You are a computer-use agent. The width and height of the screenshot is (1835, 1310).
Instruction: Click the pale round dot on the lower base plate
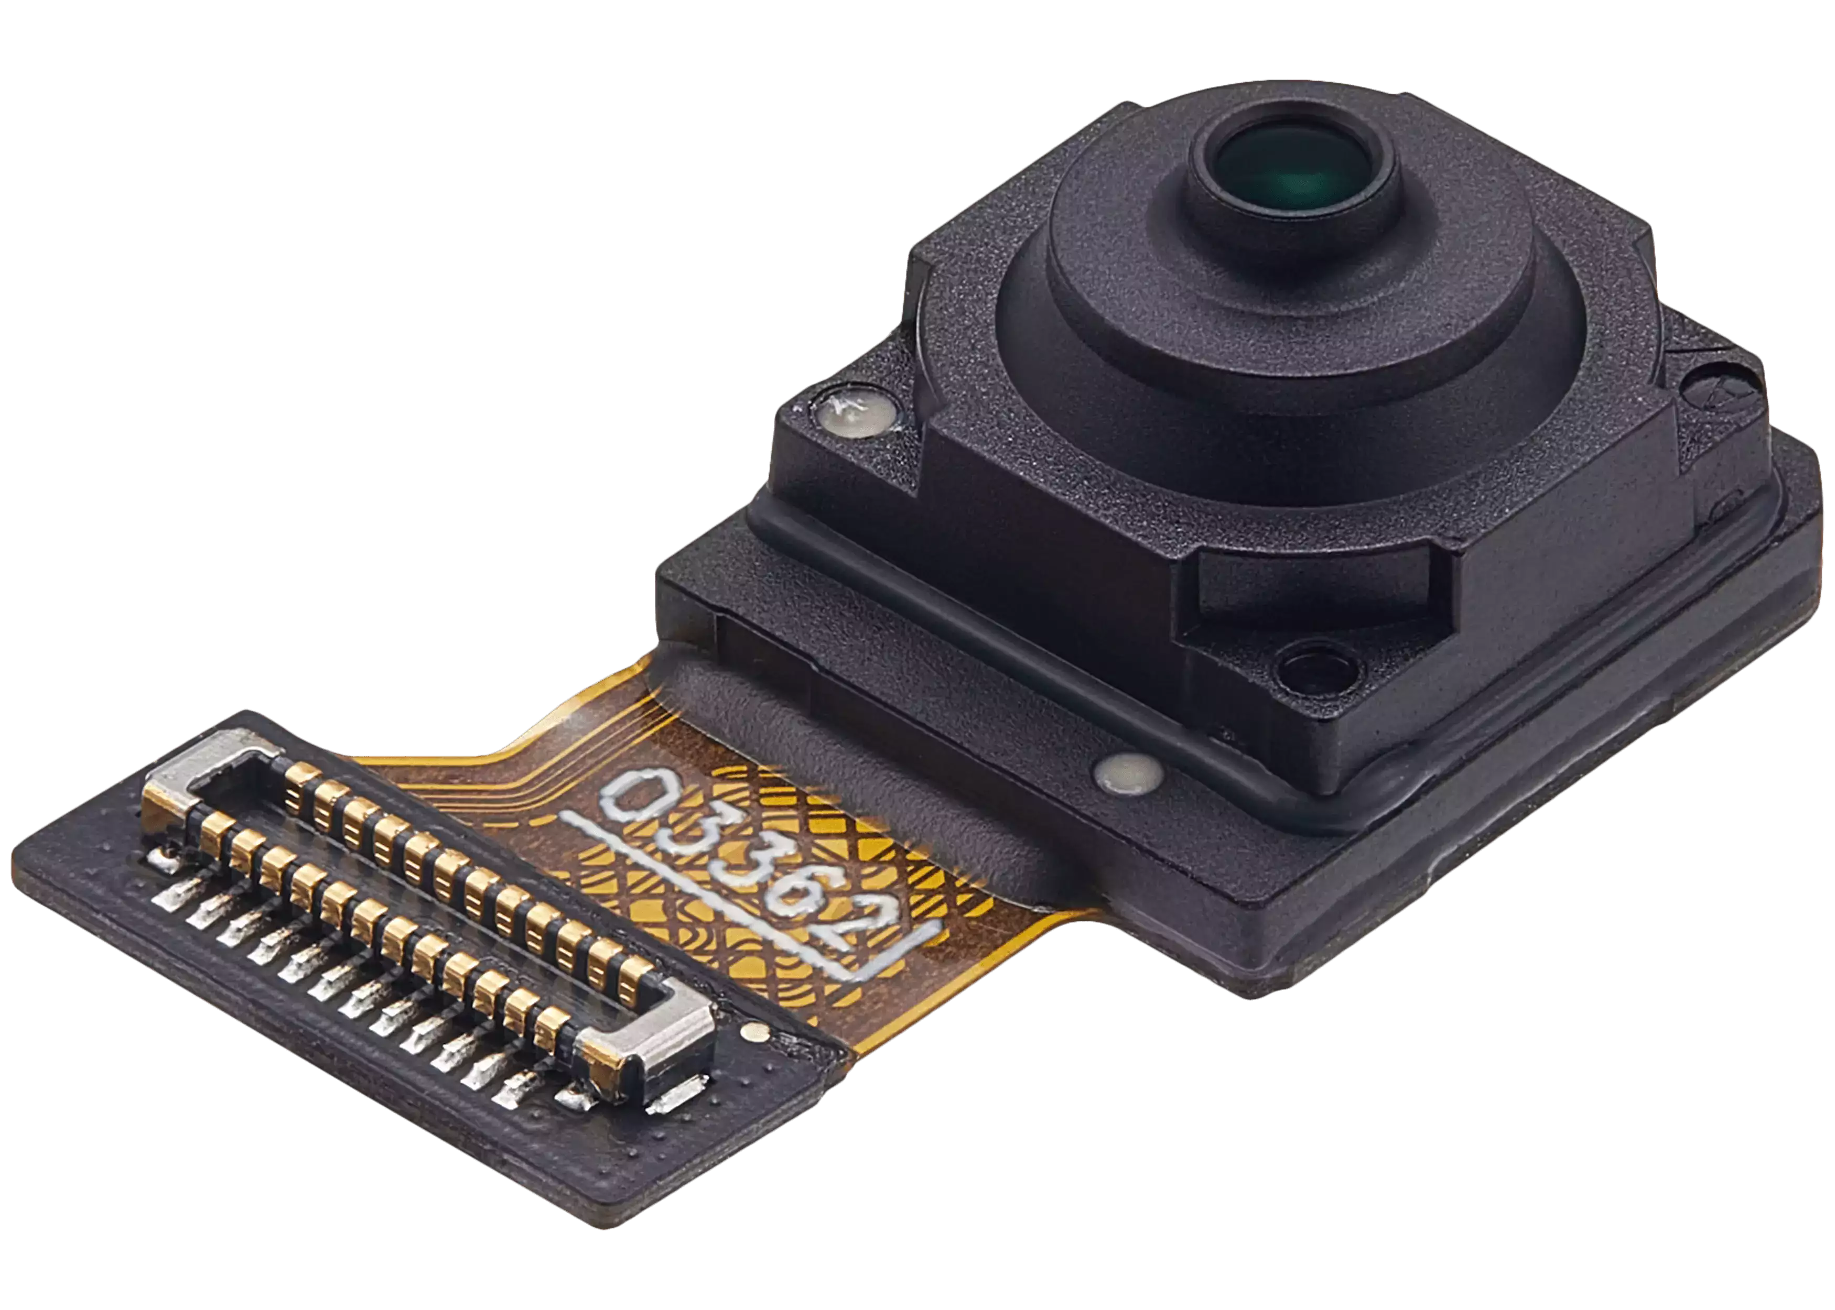coord(1128,773)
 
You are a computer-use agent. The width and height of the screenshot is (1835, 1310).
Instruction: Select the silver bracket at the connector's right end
coord(650,1041)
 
